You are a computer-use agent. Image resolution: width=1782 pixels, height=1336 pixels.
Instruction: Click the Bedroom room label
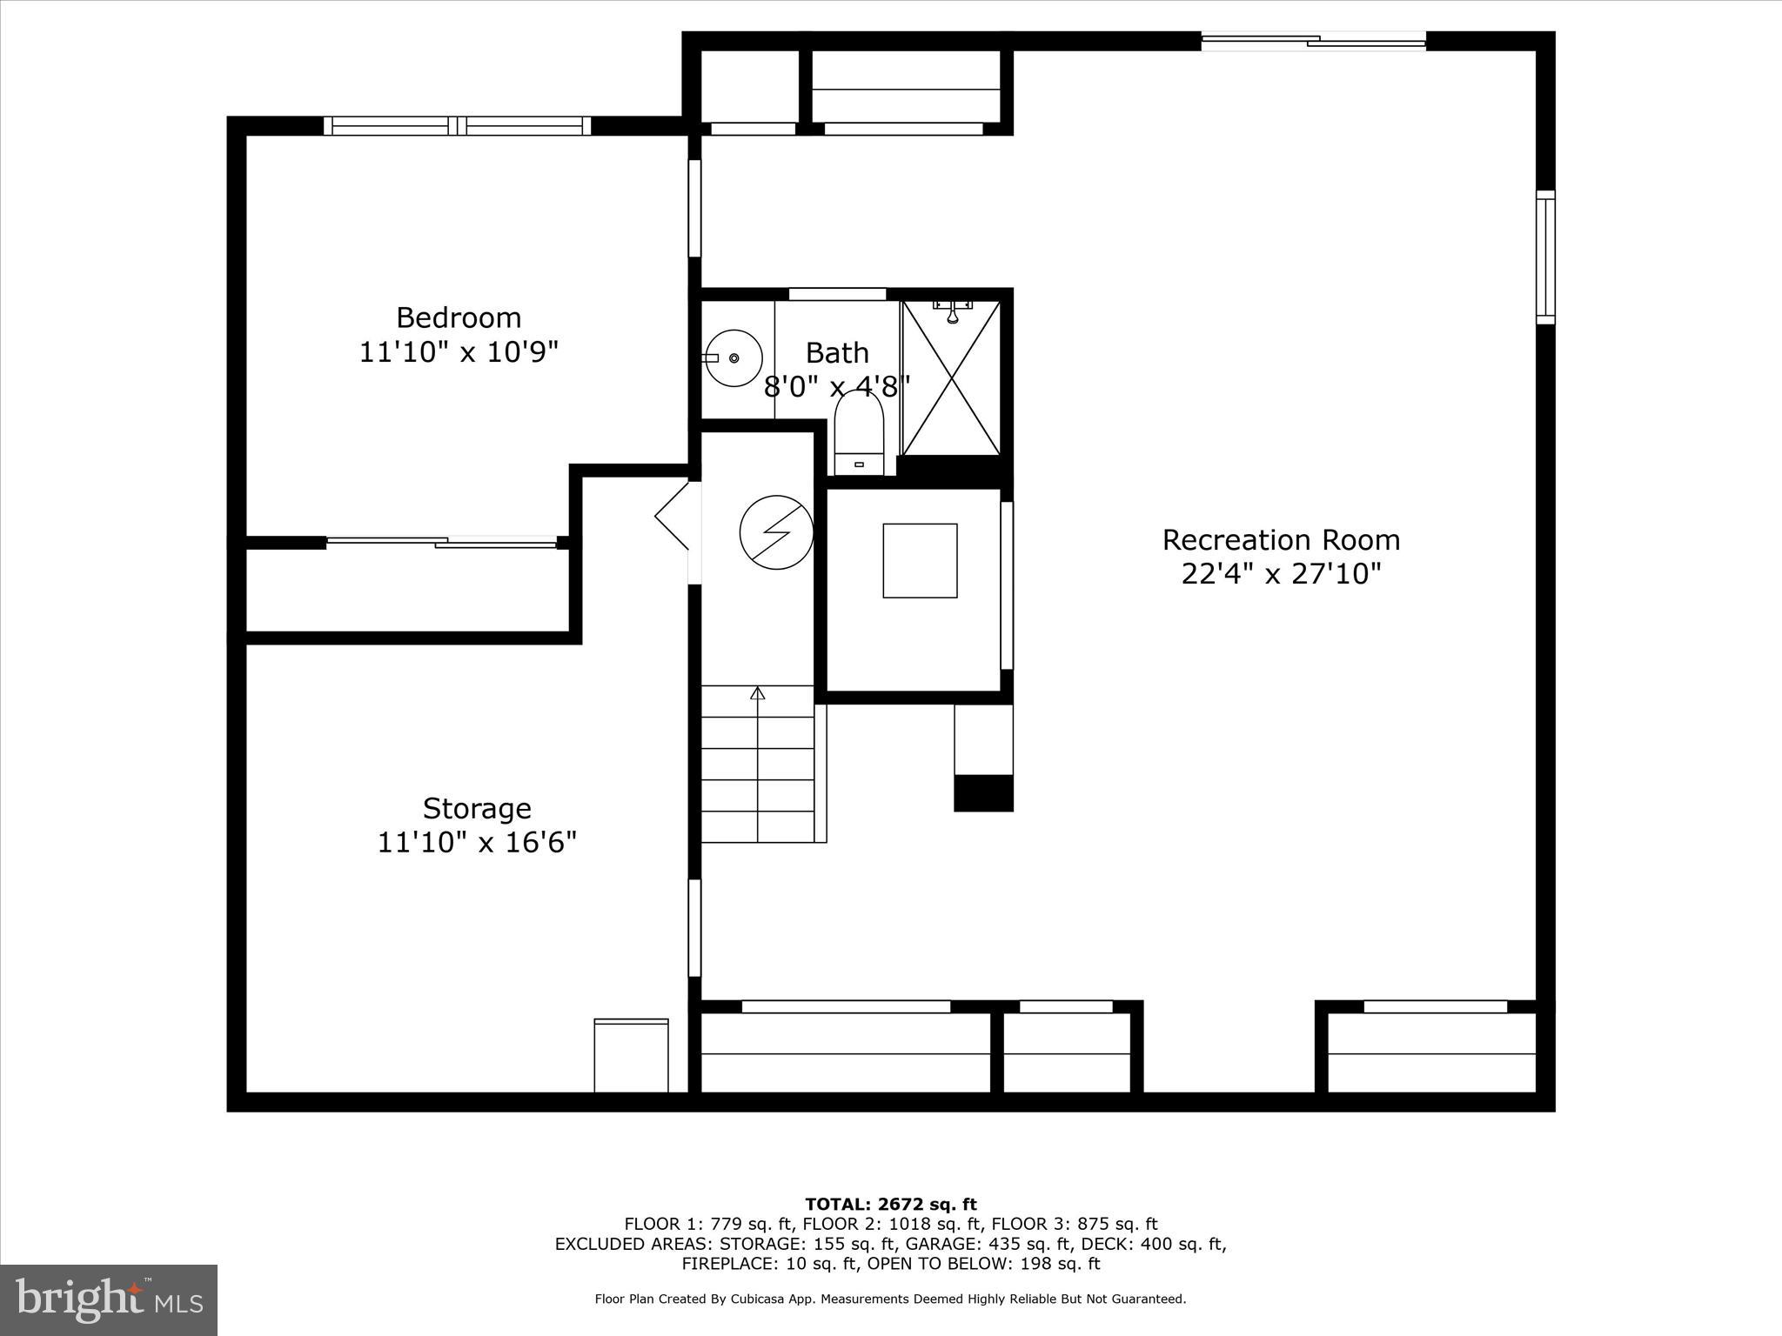(459, 317)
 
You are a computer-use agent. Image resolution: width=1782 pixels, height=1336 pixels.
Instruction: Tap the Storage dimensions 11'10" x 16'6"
(477, 843)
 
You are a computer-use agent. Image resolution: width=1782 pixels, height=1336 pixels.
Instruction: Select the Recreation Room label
(1281, 540)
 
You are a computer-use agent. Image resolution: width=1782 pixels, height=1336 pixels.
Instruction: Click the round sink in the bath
(734, 357)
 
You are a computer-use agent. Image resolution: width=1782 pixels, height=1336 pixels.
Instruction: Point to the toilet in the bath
(859, 432)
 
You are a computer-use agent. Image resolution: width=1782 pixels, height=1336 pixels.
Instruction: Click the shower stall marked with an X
(952, 378)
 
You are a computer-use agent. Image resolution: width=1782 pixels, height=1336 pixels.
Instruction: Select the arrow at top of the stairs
(758, 693)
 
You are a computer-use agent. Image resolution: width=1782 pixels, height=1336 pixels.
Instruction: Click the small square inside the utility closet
(920, 561)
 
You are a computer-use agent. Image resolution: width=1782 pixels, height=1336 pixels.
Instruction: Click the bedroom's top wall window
(458, 126)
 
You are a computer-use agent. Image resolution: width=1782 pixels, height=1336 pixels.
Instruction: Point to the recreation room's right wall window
(1544, 257)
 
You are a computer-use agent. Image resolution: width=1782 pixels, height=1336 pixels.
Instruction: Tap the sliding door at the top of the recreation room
(1313, 40)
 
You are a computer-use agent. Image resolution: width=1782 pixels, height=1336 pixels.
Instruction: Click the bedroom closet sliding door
(441, 543)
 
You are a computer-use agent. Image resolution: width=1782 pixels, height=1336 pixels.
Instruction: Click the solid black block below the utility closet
(983, 793)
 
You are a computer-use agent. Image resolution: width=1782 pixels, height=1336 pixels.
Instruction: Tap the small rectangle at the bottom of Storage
(631, 1055)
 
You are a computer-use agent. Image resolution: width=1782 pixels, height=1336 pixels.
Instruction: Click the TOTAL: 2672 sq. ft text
(891, 1205)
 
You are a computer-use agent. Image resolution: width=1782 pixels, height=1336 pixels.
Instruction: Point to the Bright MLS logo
(109, 1299)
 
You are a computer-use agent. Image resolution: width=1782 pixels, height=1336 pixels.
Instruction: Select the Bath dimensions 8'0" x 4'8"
(836, 385)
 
